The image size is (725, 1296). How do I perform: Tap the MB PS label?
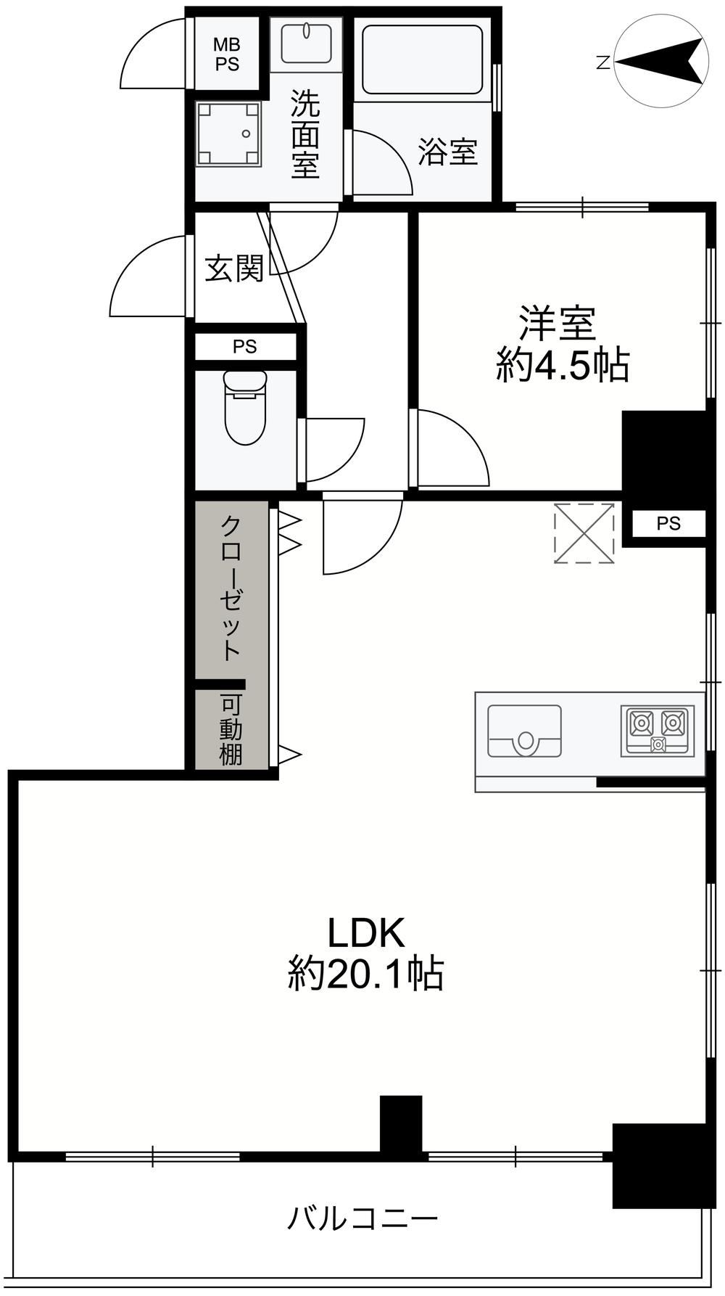(226, 54)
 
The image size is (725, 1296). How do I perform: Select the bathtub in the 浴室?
(421, 60)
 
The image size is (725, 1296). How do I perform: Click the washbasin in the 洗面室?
(305, 44)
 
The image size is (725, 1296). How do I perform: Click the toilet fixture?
(245, 407)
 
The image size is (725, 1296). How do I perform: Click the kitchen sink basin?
(525, 731)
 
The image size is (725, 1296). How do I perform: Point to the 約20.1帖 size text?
(366, 974)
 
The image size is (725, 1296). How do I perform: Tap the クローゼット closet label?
(231, 587)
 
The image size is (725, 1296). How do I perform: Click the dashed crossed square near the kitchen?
(584, 533)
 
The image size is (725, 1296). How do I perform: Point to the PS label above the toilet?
(245, 347)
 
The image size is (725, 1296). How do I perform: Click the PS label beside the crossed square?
(669, 523)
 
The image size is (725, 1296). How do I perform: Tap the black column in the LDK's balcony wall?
(401, 1123)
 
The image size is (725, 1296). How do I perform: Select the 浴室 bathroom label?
(448, 152)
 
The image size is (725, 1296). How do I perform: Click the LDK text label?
(366, 933)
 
